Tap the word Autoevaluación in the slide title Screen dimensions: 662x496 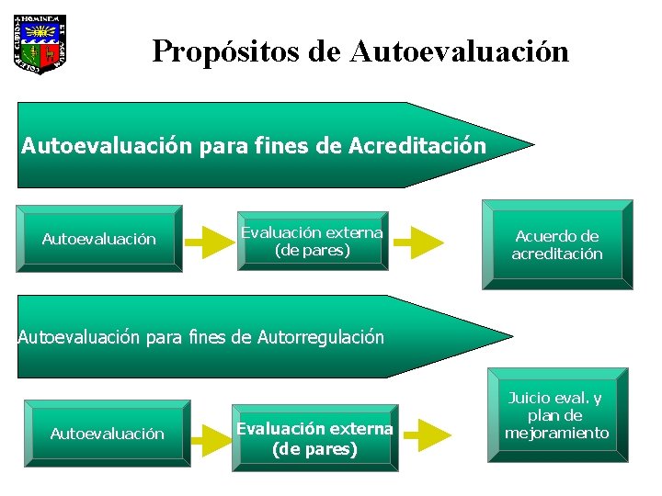coord(459,51)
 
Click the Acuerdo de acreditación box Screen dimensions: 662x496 coord(557,245)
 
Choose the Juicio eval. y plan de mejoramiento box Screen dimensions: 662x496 coord(557,414)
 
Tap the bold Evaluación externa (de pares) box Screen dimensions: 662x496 coord(314,439)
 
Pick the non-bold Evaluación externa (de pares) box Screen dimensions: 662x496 coord(312,241)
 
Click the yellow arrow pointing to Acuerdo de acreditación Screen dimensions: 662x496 coord(419,242)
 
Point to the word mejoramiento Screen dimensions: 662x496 coord(557,433)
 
